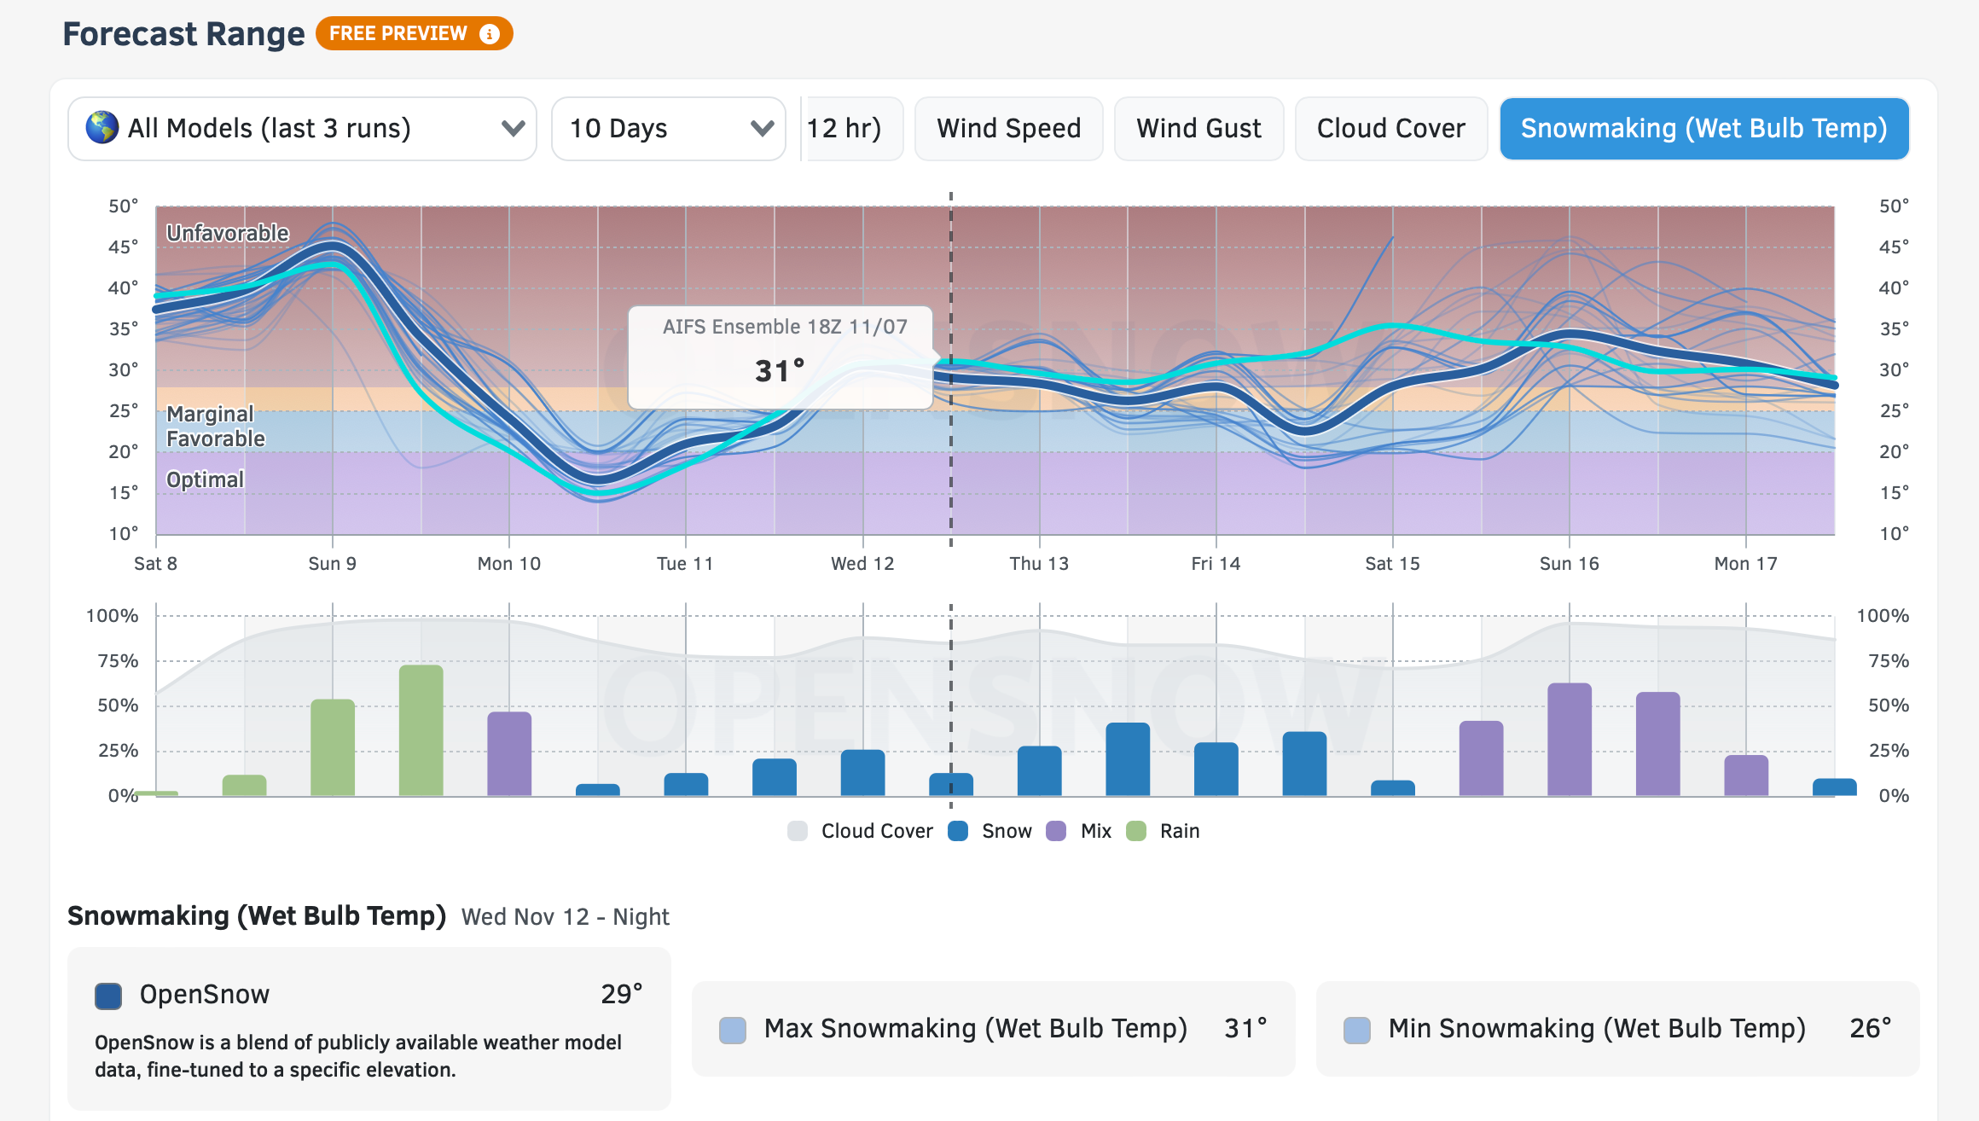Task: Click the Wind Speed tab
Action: click(1008, 129)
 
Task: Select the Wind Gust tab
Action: click(1198, 129)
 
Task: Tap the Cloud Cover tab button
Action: click(1390, 129)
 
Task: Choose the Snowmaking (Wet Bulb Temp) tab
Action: click(1703, 129)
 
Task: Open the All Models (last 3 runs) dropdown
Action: click(302, 129)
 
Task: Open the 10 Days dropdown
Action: click(669, 129)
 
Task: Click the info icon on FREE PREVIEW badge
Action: click(490, 34)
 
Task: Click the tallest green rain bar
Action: click(421, 729)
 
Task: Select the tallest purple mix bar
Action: click(1570, 739)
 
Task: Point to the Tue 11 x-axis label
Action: click(684, 564)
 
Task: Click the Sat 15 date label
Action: click(1392, 564)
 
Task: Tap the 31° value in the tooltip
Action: click(780, 371)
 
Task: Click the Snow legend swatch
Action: click(958, 831)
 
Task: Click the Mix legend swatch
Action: click(1056, 831)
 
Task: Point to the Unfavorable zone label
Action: click(228, 233)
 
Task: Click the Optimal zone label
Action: click(205, 479)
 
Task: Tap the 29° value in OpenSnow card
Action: click(621, 994)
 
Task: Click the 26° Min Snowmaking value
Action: click(1870, 1028)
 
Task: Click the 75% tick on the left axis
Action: click(118, 661)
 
